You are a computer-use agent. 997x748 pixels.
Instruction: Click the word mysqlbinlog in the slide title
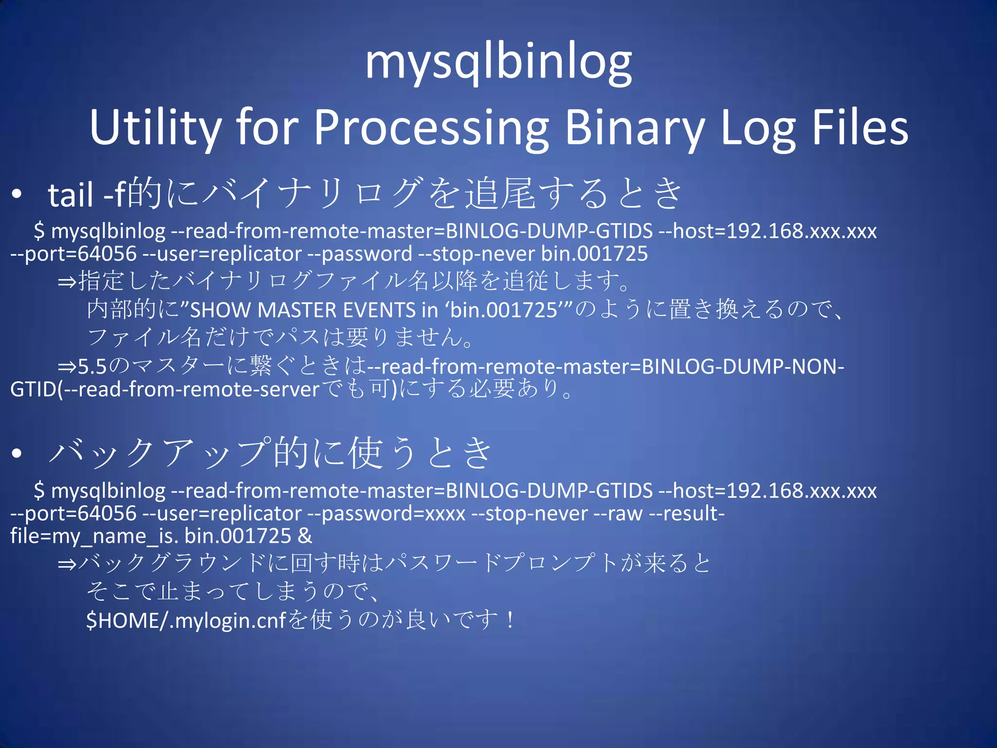pyautogui.click(x=498, y=63)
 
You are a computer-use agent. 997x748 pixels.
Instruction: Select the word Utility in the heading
pyautogui.click(x=155, y=128)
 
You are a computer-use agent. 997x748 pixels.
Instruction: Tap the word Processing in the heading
pyautogui.click(x=431, y=128)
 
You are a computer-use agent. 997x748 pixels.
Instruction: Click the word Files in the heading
pyautogui.click(x=860, y=128)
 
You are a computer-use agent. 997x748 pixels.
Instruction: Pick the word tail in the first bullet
pyautogui.click(x=71, y=195)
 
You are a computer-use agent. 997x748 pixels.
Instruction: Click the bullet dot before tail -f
pyautogui.click(x=18, y=194)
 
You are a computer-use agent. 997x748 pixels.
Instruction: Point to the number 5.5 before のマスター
pyautogui.click(x=92, y=367)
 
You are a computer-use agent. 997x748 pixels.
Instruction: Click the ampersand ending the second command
pyautogui.click(x=305, y=536)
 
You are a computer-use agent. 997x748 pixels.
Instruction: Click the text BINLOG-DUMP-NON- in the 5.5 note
pyautogui.click(x=743, y=367)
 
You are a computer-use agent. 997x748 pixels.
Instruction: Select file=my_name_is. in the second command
pyautogui.click(x=94, y=536)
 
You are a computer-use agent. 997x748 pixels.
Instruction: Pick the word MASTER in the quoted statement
pyautogui.click(x=296, y=310)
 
